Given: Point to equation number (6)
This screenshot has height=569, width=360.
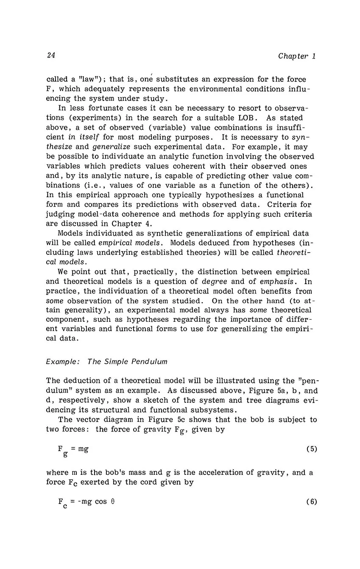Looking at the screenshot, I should tap(311, 502).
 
